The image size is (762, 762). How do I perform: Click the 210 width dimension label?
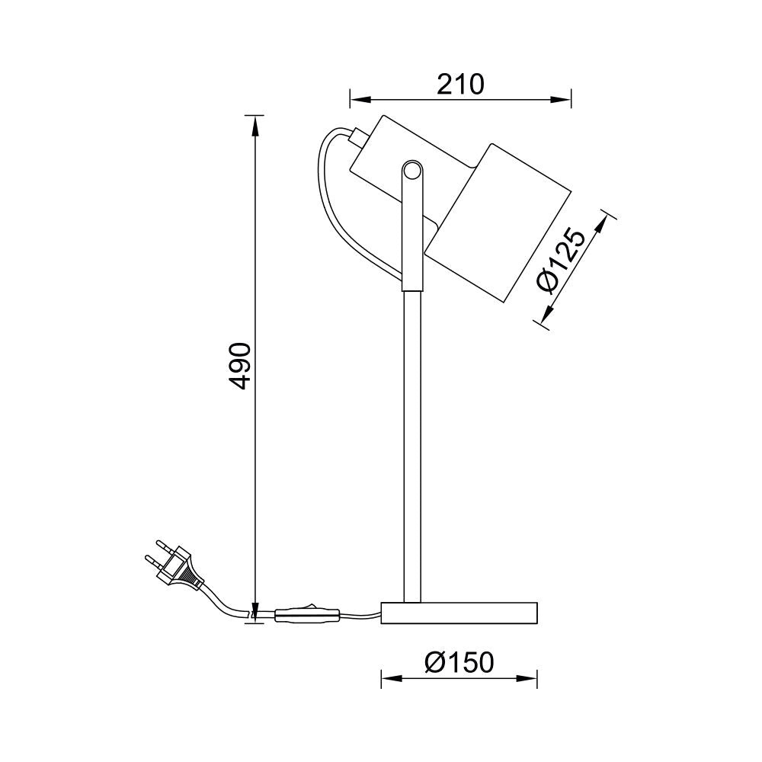[460, 83]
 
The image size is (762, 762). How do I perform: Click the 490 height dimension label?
[240, 367]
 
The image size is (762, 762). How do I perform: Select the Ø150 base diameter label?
[459, 662]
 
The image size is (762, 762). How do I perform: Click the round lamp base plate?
[459, 612]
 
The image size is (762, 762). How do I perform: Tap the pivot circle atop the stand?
[411, 171]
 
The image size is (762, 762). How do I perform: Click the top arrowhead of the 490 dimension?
[255, 123]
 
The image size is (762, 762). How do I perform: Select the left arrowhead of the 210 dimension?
[358, 99]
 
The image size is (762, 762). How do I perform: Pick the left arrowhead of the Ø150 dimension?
[389, 678]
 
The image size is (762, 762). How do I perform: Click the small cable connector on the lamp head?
[357, 138]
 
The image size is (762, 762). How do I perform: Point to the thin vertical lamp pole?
[411, 442]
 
